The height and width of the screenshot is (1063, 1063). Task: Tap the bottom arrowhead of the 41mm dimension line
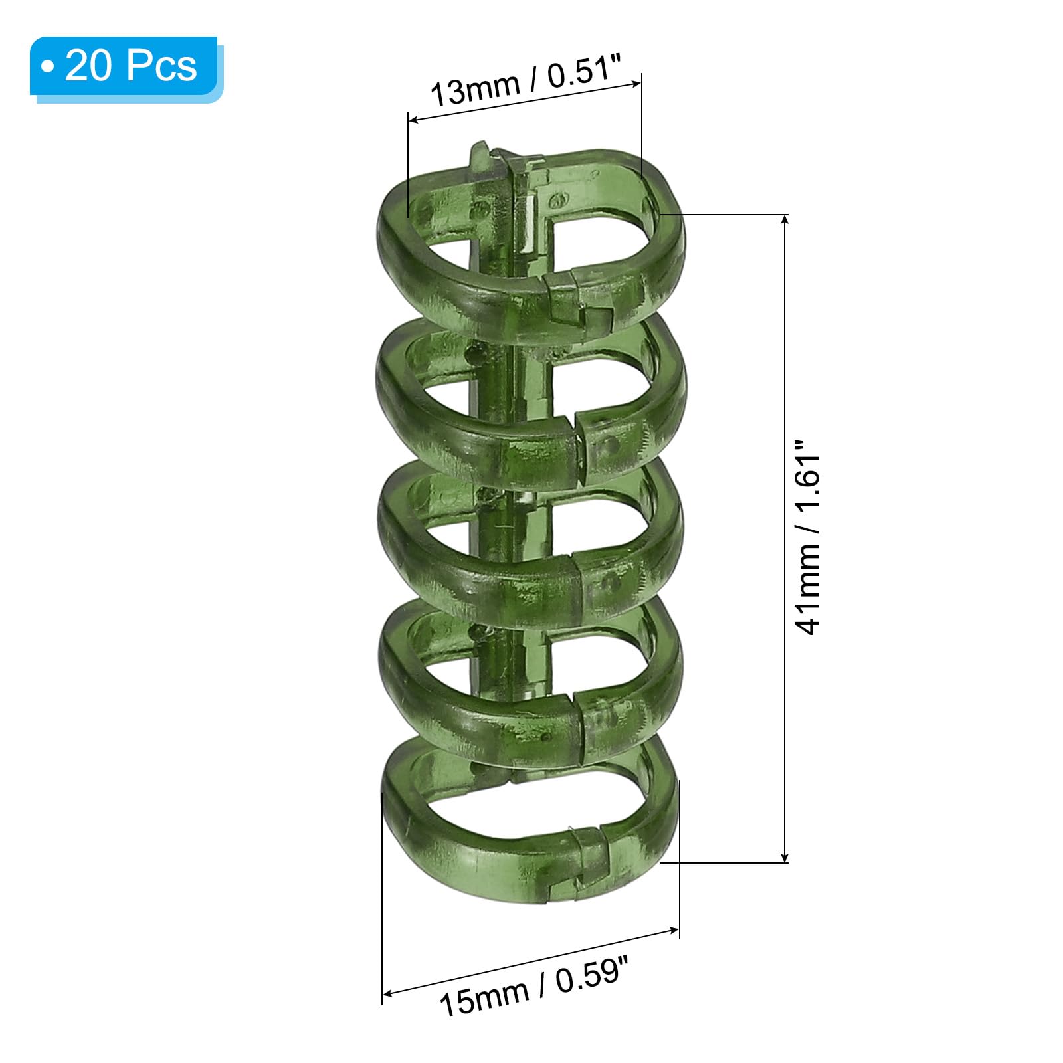pos(786,856)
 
